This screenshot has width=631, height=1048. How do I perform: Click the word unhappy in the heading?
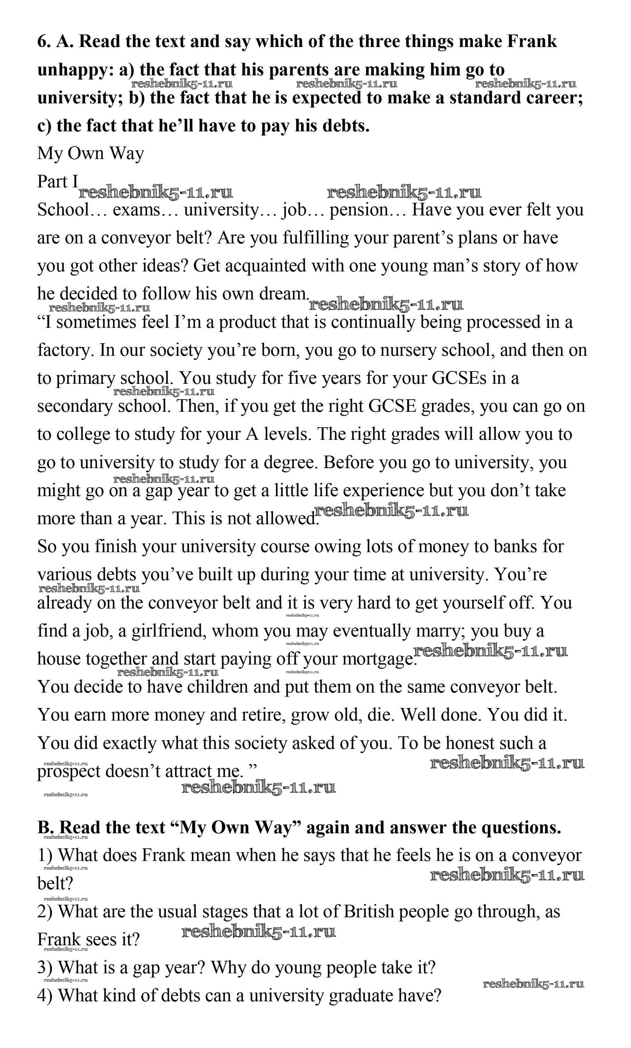click(75, 70)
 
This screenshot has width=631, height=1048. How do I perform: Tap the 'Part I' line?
click(58, 182)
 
